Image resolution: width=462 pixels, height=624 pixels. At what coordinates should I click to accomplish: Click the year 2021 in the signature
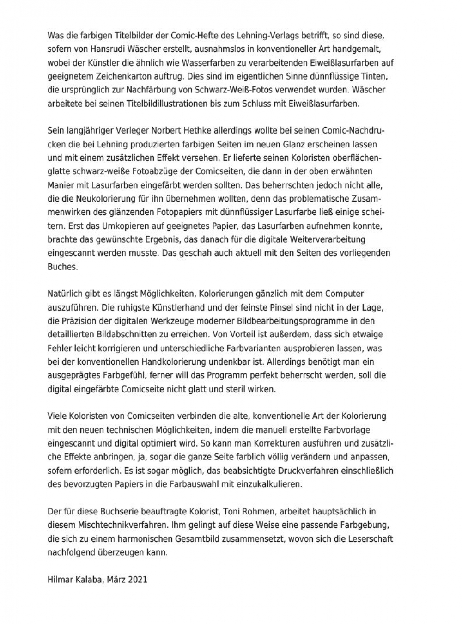[138, 579]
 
